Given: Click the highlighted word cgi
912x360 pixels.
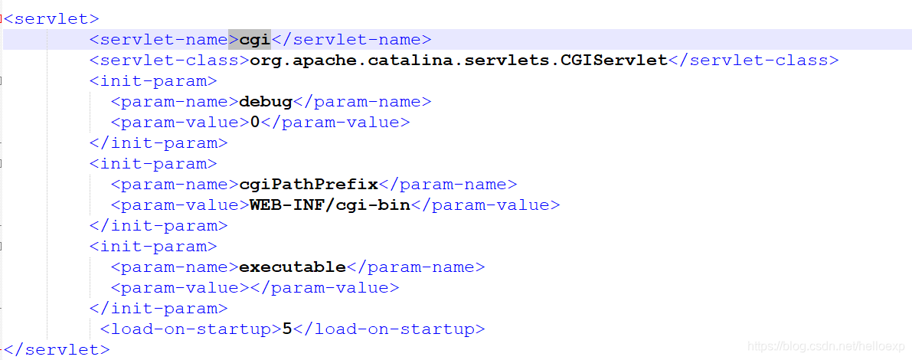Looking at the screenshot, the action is pyautogui.click(x=255, y=40).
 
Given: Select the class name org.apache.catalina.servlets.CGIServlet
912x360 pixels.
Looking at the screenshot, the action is pyautogui.click(x=459, y=61).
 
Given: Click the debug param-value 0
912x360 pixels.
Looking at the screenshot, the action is pyautogui.click(x=255, y=123).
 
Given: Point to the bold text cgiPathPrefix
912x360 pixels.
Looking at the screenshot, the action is pyautogui.click(x=309, y=185).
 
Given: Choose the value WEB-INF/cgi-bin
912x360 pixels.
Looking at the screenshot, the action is pyautogui.click(x=330, y=205).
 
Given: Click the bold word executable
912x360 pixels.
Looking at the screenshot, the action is pyautogui.click(x=293, y=267).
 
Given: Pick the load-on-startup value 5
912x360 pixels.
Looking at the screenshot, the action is pyautogui.click(x=287, y=329).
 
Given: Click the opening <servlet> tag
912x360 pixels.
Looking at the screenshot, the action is pyautogui.click(x=51, y=19).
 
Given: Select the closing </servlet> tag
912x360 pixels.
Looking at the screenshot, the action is pyautogui.click(x=57, y=350).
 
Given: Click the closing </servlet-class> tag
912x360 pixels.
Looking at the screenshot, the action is pyautogui.click(x=753, y=61).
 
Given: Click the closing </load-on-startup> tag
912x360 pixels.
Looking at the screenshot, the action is pyautogui.click(x=389, y=329).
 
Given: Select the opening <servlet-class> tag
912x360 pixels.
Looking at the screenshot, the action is pyautogui.click(x=169, y=61).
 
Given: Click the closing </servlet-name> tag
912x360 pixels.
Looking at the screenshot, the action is pyautogui.click(x=351, y=40).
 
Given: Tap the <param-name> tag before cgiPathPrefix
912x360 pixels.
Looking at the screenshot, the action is pyautogui.click(x=175, y=185).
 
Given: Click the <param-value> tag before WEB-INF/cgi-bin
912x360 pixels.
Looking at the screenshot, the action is pyautogui.click(x=180, y=205).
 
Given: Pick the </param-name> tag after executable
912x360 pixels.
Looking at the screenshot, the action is pyautogui.click(x=416, y=267).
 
